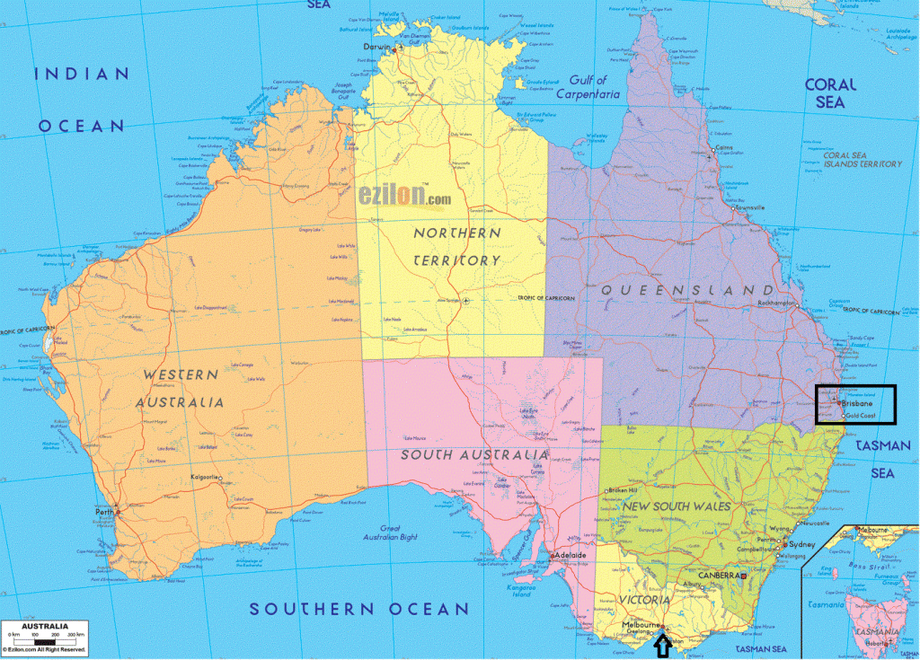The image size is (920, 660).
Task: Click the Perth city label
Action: click(104, 514)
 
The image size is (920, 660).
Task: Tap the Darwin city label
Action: click(377, 47)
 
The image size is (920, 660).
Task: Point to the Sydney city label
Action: click(801, 545)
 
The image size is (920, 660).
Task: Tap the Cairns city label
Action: click(723, 148)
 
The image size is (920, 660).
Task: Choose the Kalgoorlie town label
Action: click(205, 477)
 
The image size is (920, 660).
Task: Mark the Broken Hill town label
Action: click(623, 490)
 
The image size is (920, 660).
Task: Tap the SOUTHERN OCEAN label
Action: click(359, 609)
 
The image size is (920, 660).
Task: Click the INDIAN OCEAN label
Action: click(80, 100)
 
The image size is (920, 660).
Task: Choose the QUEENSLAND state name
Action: click(686, 290)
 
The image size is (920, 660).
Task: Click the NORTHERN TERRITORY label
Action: click(457, 246)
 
